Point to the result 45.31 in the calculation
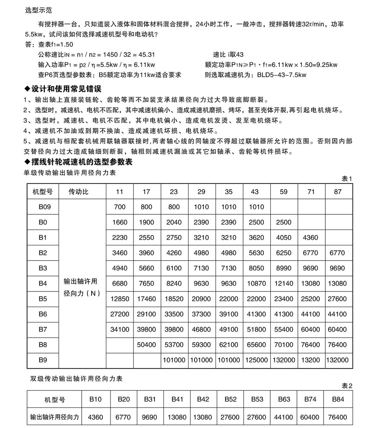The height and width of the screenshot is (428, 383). pyautogui.click(x=146, y=55)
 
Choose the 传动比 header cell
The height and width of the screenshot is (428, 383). pyautogui.click(x=79, y=191)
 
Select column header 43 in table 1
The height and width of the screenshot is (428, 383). pyautogui.click(x=256, y=191)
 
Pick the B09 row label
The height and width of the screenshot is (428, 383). pyautogui.click(x=45, y=207)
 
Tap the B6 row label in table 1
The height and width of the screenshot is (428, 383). pyautogui.click(x=43, y=314)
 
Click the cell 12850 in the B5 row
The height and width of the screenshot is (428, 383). pyautogui.click(x=120, y=299)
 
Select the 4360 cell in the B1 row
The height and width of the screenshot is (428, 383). pyautogui.click(x=311, y=237)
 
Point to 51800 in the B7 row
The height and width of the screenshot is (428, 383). pyautogui.click(x=256, y=329)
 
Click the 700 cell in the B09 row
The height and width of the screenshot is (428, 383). pyautogui.click(x=120, y=207)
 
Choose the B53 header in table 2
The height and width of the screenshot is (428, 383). pyautogui.click(x=257, y=399)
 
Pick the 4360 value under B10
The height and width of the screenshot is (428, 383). pyautogui.click(x=95, y=417)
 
